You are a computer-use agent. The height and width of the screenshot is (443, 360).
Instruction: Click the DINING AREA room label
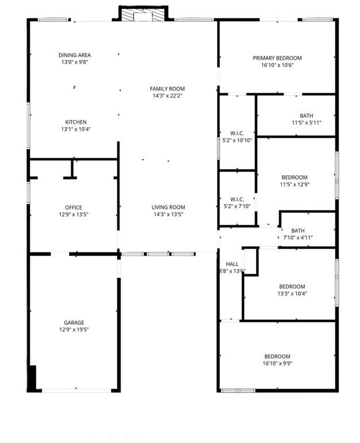click(x=75, y=56)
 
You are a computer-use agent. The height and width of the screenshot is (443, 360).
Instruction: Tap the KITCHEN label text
click(x=76, y=122)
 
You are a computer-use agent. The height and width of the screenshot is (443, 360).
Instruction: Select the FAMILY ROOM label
click(x=167, y=89)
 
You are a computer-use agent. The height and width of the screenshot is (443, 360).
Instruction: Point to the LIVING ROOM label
click(x=168, y=208)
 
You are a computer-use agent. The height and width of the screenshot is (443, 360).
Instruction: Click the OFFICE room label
click(x=73, y=208)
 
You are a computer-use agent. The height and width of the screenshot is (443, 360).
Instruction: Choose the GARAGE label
click(x=73, y=323)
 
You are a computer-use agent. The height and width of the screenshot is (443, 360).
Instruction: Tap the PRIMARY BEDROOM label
click(x=277, y=58)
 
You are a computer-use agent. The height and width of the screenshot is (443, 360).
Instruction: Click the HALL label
click(x=232, y=264)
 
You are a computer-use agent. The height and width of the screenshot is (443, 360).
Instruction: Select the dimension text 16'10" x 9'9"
click(x=277, y=363)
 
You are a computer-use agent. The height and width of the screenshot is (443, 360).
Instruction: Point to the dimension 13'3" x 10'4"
click(x=292, y=294)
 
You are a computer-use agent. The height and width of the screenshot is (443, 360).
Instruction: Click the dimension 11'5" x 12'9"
click(x=294, y=185)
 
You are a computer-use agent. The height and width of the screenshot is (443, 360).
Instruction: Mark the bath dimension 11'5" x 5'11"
click(x=307, y=123)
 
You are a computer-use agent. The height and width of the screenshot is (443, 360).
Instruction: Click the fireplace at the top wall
click(x=143, y=14)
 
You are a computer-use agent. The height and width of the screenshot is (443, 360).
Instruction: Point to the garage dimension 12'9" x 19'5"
click(x=73, y=330)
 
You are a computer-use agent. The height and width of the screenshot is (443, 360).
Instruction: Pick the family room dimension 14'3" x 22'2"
click(x=167, y=96)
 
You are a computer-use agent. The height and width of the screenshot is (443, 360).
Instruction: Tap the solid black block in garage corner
click(x=33, y=378)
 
